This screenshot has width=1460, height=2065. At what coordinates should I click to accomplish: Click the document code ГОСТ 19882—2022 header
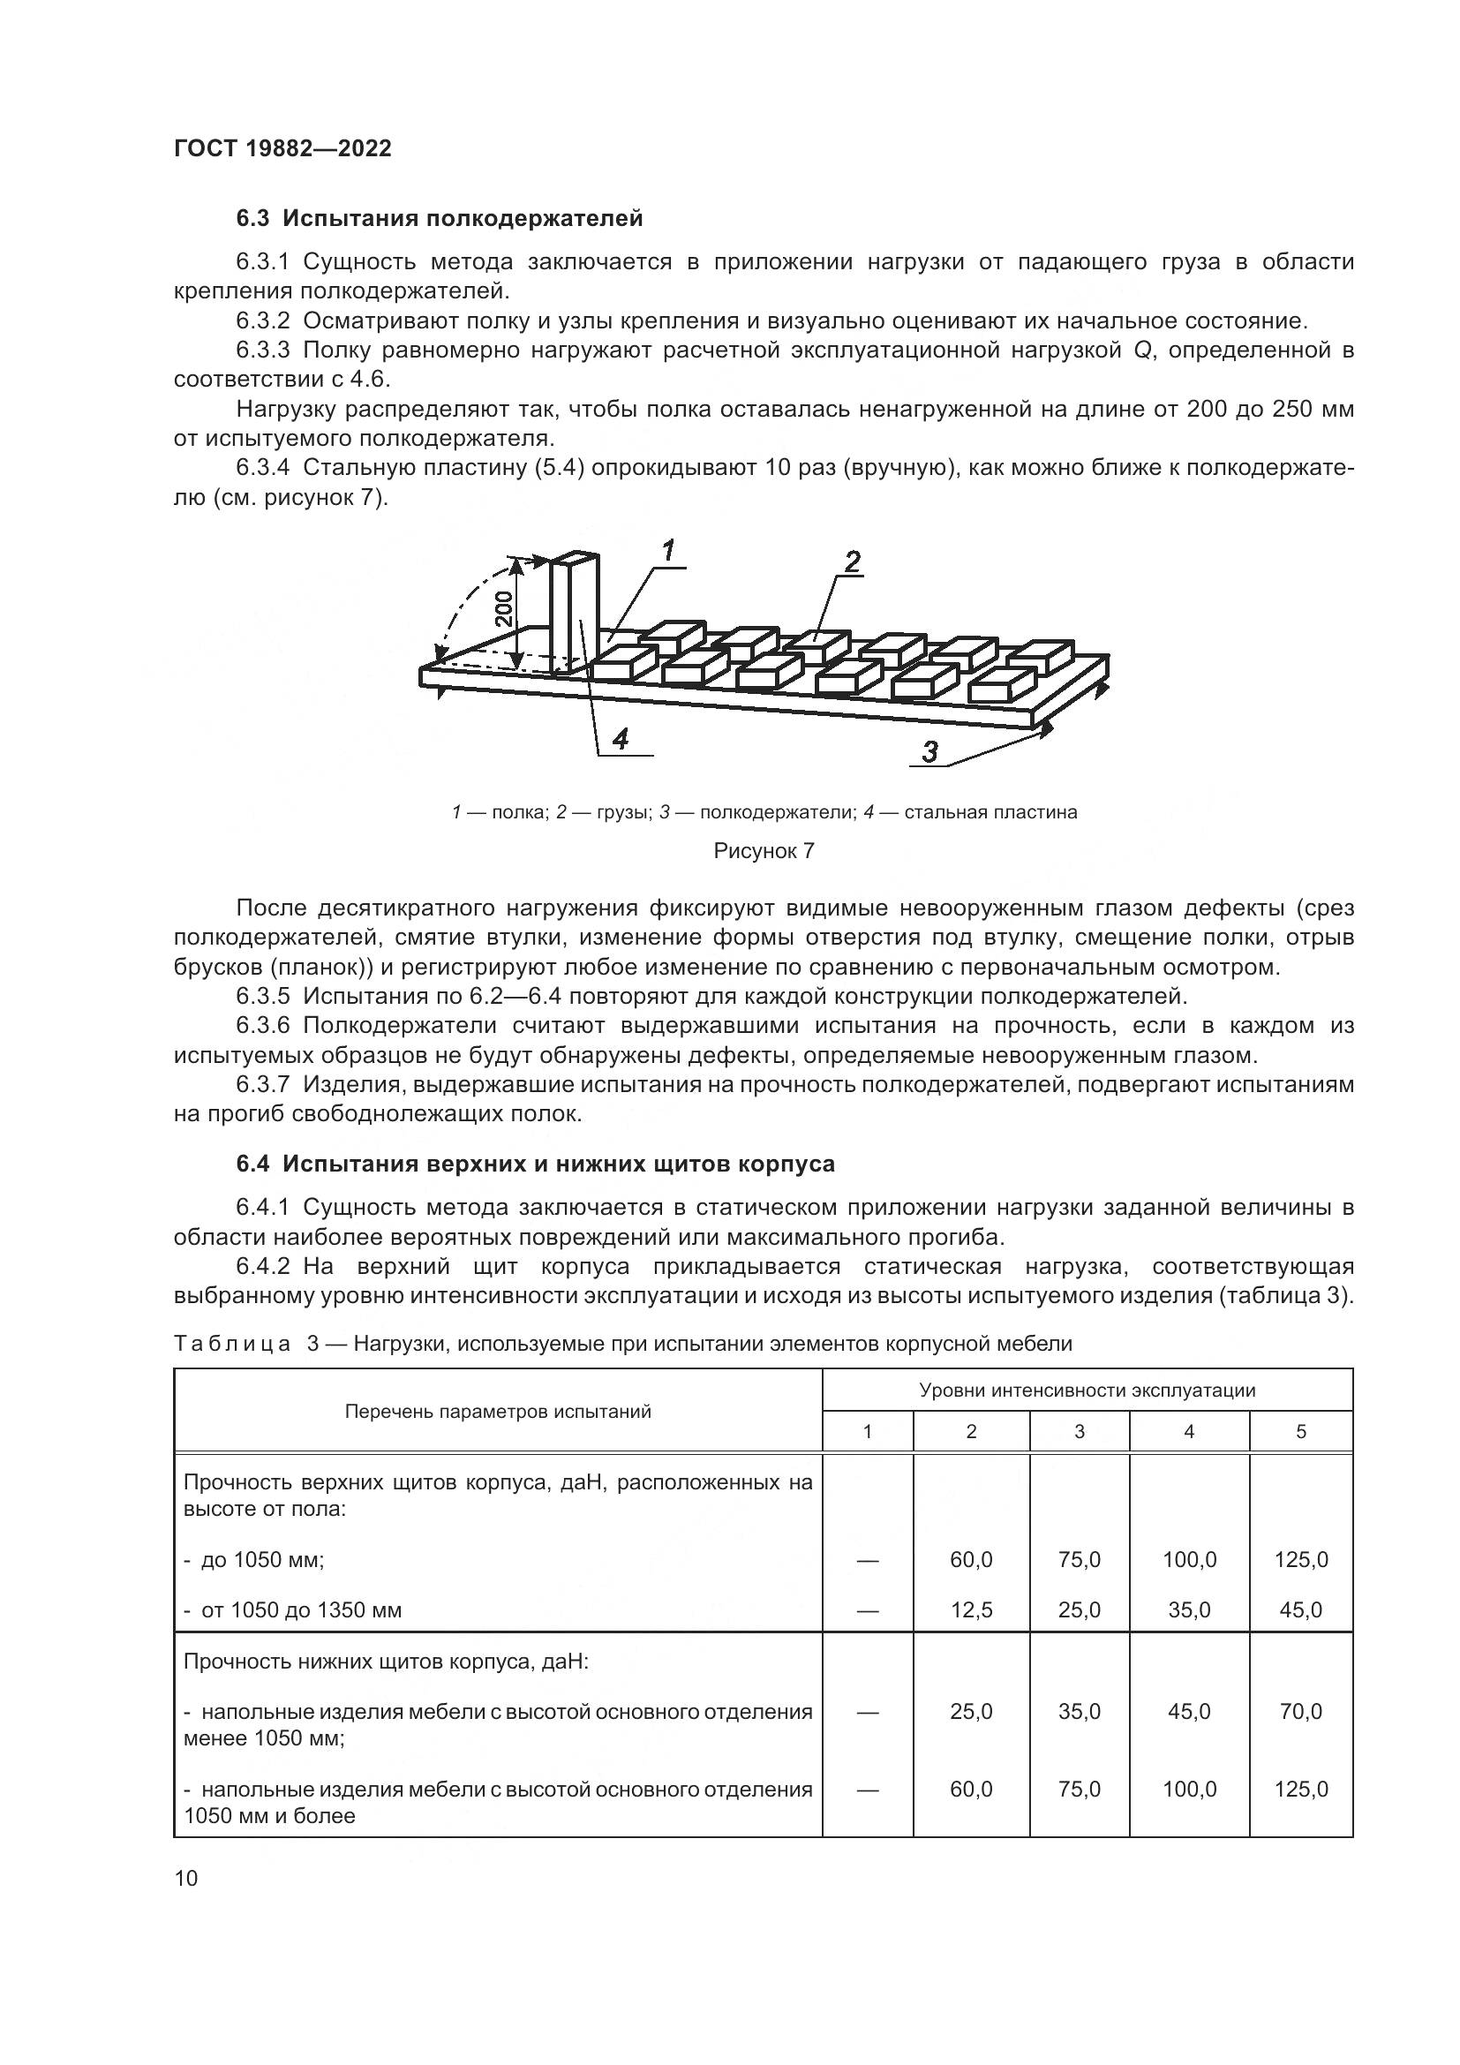[282, 148]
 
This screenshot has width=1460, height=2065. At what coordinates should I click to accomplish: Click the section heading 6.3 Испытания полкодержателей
[440, 219]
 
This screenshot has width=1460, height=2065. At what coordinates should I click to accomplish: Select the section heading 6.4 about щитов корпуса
[536, 1164]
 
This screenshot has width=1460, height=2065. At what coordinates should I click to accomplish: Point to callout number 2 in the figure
[851, 562]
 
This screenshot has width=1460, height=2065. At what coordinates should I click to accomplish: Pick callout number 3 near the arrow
[929, 751]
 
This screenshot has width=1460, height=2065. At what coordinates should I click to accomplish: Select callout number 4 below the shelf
[620, 739]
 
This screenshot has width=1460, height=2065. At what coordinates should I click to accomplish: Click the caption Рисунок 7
[764, 851]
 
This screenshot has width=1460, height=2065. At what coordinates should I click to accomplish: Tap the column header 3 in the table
[1079, 1431]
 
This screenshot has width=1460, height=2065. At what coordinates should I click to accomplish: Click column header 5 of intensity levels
[1300, 1431]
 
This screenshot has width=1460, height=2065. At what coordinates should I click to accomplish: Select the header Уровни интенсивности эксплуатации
[1086, 1390]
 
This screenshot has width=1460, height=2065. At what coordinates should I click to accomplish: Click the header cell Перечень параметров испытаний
[497, 1411]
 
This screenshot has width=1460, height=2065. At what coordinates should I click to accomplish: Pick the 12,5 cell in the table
[971, 1609]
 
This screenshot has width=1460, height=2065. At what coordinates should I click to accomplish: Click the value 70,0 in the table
[1300, 1711]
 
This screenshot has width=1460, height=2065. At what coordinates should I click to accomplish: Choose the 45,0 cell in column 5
[1300, 1609]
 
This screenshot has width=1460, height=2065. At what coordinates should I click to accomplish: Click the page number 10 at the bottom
[186, 1878]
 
